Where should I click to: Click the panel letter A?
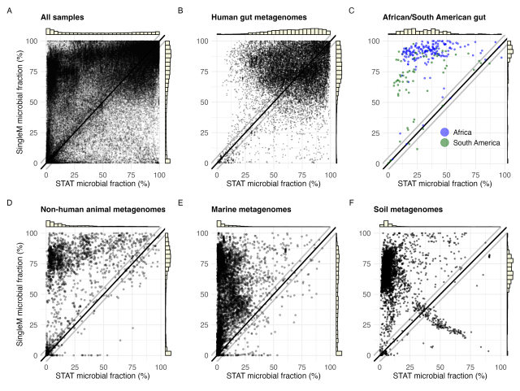9,11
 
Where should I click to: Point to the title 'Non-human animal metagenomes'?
102,209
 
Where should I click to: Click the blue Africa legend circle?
444,132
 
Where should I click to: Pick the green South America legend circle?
444,143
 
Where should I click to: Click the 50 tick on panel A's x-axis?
102,176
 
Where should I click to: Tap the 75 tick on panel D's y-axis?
37,263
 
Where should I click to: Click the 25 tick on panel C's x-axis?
417,176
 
